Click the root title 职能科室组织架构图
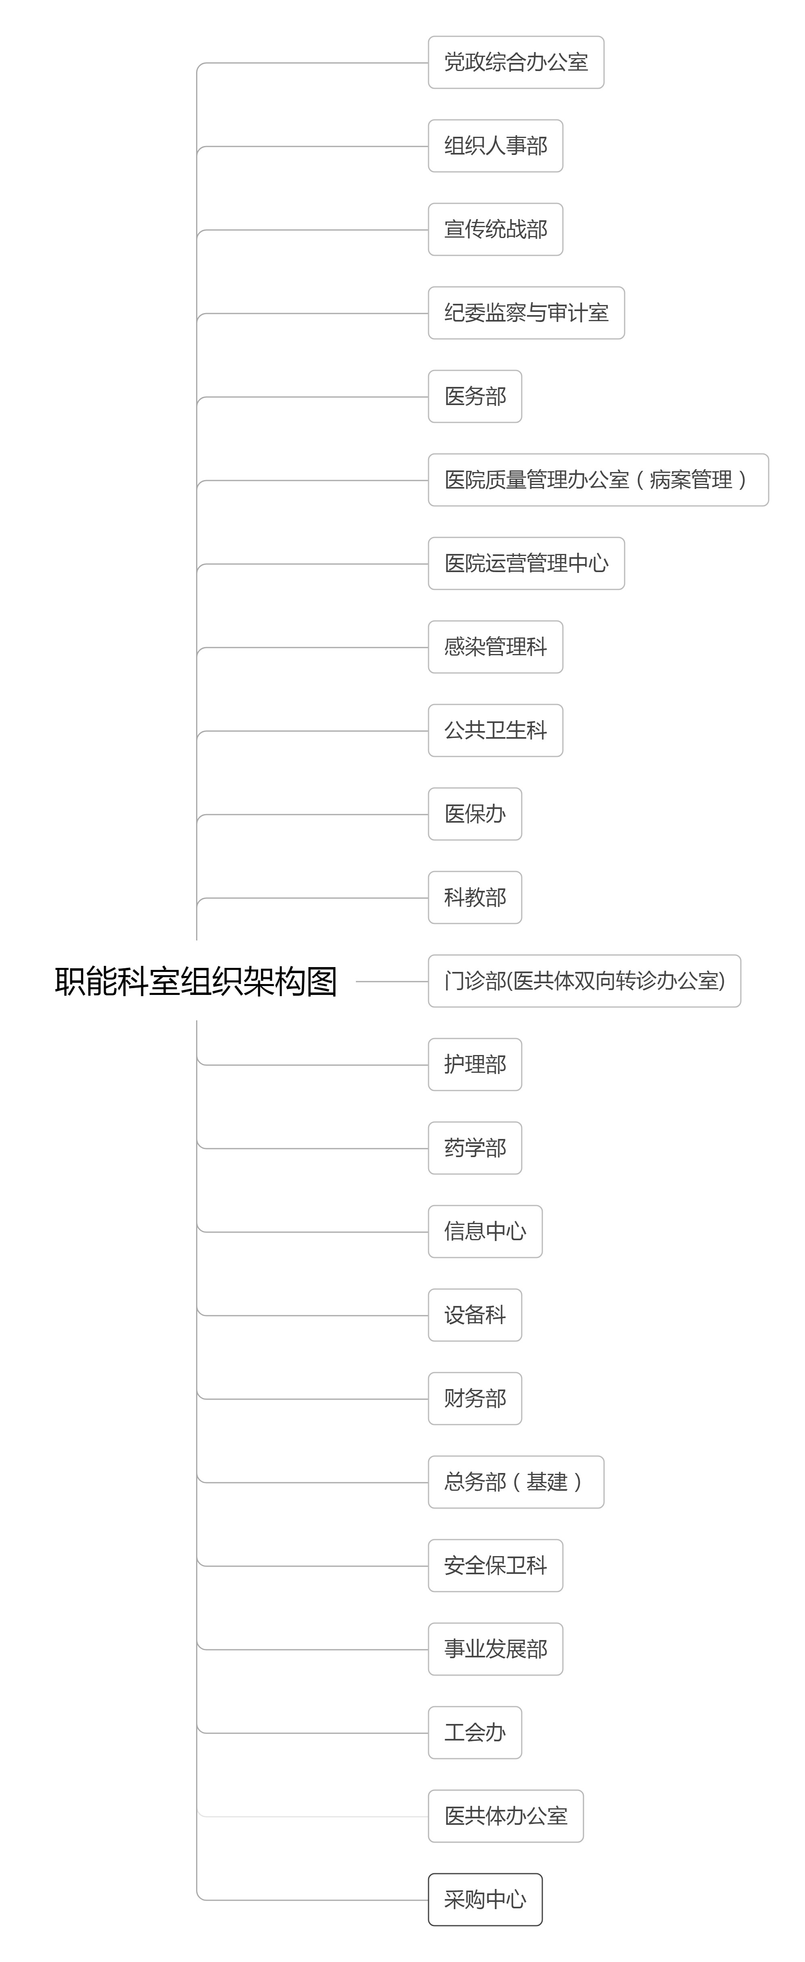[x=196, y=981]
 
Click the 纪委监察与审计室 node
[x=526, y=313]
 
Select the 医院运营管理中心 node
[x=526, y=564]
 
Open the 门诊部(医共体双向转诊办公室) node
[x=584, y=981]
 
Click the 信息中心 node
[x=485, y=1232]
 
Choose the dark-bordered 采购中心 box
[x=485, y=1899]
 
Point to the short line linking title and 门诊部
[x=392, y=982]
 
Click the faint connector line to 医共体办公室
[x=312, y=1816]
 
